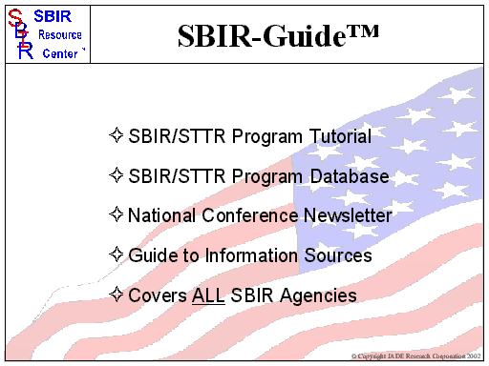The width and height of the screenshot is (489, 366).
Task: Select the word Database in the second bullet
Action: click(x=351, y=176)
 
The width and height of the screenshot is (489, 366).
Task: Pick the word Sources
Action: click(x=337, y=255)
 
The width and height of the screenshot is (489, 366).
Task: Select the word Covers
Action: click(x=158, y=295)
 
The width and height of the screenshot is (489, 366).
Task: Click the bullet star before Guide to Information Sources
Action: click(x=117, y=255)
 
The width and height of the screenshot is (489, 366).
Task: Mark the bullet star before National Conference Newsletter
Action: click(x=117, y=215)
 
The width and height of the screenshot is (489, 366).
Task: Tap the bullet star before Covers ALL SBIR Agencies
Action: click(x=117, y=295)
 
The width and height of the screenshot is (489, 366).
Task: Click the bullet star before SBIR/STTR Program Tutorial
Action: click(x=117, y=136)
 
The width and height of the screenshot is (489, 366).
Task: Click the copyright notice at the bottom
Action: click(x=416, y=356)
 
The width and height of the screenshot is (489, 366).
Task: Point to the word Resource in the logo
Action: click(x=61, y=35)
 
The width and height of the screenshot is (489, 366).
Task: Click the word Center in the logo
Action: click(x=61, y=53)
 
